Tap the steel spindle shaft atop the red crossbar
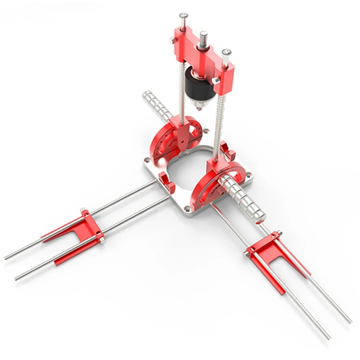(203, 38)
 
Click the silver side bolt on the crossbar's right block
(216, 80)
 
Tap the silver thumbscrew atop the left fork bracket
(83, 210)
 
